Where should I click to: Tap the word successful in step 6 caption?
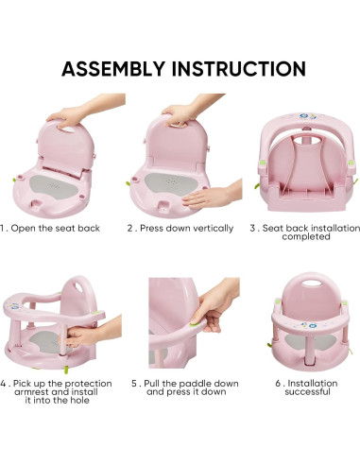(306, 392)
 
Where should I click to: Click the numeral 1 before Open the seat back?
(5, 228)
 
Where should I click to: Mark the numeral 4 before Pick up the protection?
(5, 384)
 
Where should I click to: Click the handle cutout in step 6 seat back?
(303, 291)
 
